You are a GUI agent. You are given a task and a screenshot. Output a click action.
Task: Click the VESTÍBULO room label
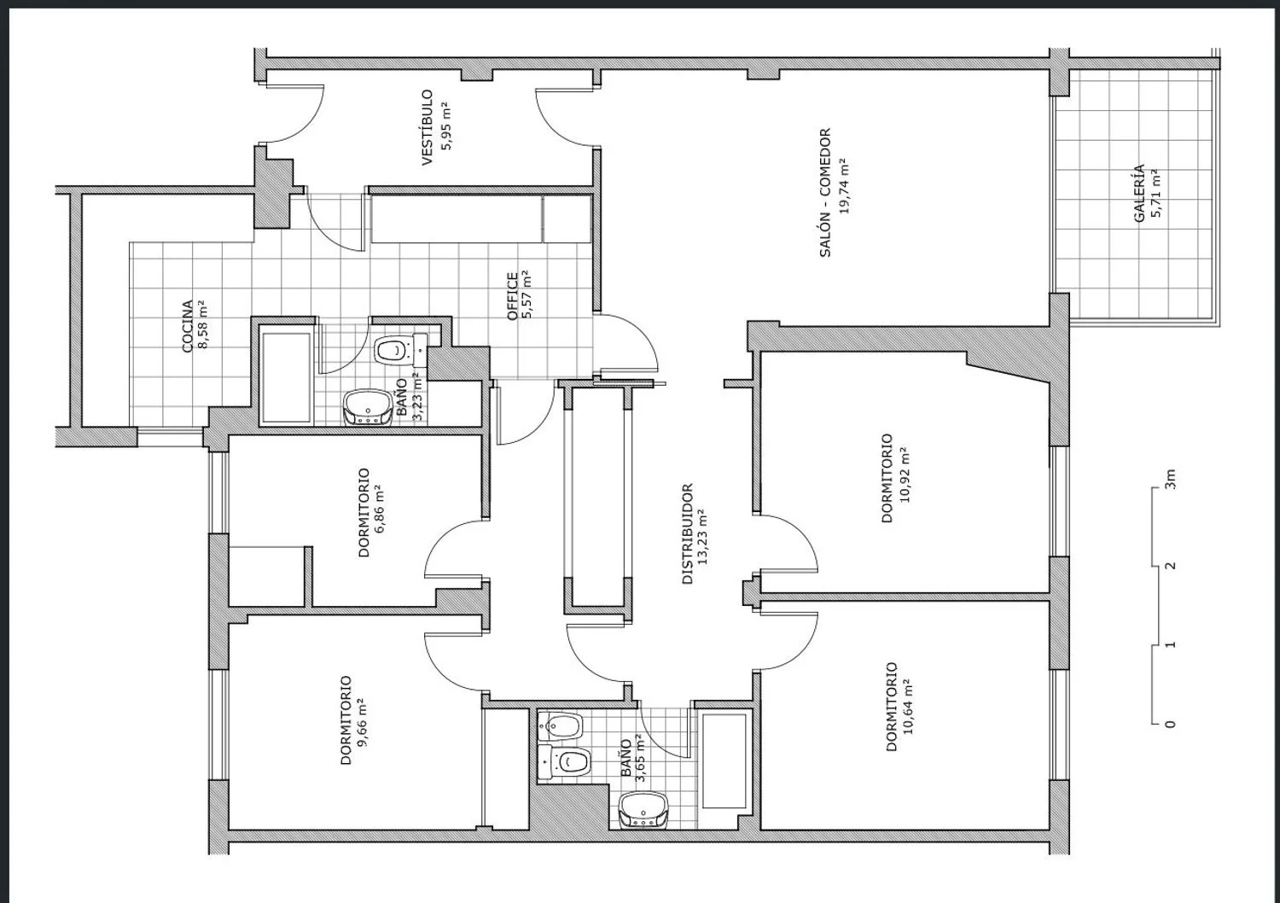pos(428,128)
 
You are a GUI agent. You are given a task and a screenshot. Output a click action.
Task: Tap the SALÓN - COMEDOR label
pos(825,193)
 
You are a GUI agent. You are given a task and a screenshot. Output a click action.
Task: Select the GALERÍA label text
pos(1139,193)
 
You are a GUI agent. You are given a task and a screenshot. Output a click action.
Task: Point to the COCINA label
pos(188,326)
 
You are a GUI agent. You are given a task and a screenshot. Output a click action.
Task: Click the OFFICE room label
pos(513,296)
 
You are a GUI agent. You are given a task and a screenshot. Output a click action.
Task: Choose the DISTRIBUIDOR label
pos(688,533)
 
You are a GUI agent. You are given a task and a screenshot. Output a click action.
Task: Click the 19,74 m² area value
pos(844,186)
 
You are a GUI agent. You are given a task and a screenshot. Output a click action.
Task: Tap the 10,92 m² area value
pos(904,475)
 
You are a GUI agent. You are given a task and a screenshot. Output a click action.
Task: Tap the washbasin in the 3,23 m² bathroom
pos(368,407)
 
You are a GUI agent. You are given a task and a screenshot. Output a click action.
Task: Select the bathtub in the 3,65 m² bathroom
pos(724,760)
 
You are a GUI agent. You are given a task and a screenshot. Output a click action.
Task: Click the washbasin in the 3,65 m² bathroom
pos(643,809)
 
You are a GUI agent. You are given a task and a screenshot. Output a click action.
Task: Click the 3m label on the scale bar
pos(1170,479)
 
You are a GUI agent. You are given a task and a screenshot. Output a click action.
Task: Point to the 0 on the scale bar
pos(1170,724)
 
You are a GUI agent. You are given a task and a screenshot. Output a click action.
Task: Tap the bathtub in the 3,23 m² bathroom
pos(286,378)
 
